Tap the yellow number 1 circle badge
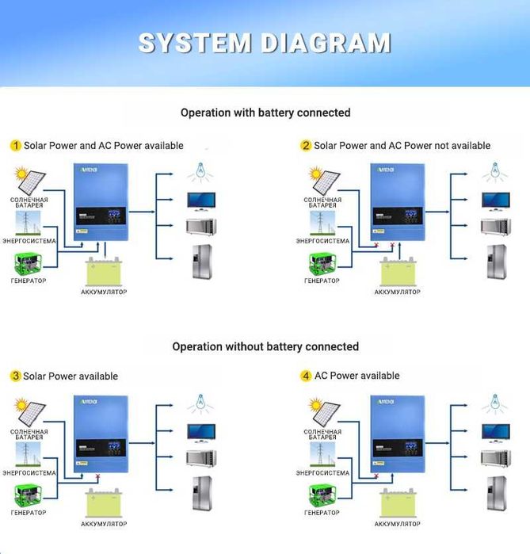point(15,146)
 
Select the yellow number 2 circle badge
point(306,146)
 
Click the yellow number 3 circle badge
point(15,376)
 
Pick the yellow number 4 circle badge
point(306,376)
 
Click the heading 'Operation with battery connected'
point(265,113)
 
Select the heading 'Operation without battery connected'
point(265,346)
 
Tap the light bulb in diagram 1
point(200,171)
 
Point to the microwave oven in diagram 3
point(201,458)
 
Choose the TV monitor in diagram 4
point(494,433)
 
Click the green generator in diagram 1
point(29,263)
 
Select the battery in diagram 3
point(104,503)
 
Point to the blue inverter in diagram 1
point(100,202)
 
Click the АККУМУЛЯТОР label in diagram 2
point(397,292)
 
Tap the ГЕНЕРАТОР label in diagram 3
point(29,513)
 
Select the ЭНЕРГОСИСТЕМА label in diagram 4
point(322,473)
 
